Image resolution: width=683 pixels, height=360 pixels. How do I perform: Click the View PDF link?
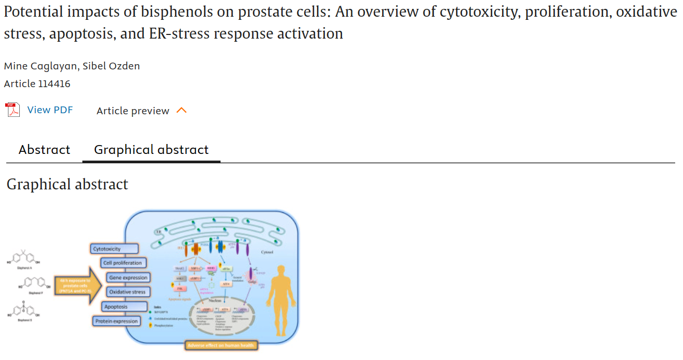point(50,110)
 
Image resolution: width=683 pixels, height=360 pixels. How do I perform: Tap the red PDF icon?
point(13,110)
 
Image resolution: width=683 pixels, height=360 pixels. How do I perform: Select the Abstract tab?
point(44,150)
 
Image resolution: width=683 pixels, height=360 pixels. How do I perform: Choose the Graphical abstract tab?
point(151,150)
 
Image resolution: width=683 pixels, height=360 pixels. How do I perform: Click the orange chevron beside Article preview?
point(181,111)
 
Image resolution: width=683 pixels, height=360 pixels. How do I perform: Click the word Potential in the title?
point(34,12)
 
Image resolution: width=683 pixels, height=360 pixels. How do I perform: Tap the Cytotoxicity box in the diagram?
point(115,249)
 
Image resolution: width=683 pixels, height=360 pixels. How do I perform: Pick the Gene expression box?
point(128,278)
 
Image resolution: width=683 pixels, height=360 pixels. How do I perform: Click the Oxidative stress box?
point(128,292)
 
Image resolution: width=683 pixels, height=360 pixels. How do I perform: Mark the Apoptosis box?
point(116,307)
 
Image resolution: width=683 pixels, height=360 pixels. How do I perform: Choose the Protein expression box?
point(117,321)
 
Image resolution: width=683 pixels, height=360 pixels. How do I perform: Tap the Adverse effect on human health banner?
point(222,345)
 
